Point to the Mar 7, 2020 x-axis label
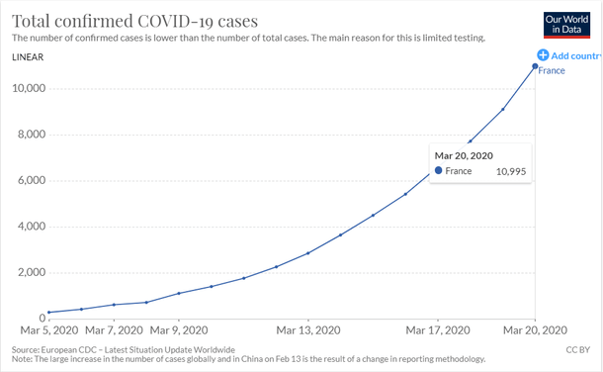pos(113,329)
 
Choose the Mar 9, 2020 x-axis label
pos(178,329)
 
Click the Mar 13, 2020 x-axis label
pos(307,329)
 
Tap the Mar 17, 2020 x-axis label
pos(437,329)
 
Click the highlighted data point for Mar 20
pos(535,66)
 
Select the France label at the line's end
pos(551,71)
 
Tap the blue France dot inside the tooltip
pos(438,171)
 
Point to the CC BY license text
pos(578,350)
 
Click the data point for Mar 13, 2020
pos(308,253)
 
